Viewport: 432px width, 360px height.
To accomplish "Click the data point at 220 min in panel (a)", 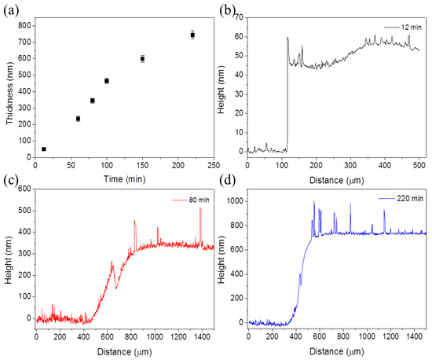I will coord(192,35).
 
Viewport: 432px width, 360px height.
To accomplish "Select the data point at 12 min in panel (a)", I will coord(43,149).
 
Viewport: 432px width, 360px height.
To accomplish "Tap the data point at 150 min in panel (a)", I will coord(142,59).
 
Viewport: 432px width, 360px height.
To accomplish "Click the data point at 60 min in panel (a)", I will coord(78,119).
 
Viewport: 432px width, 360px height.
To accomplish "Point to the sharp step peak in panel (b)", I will coord(287,38).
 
